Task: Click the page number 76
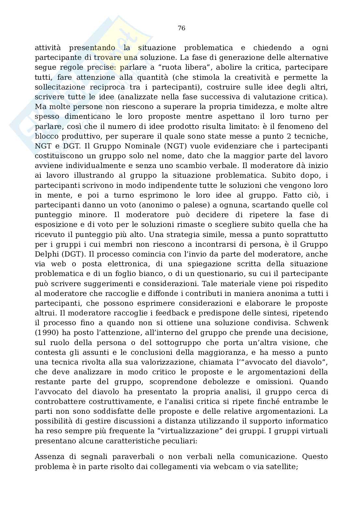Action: coord(181,28)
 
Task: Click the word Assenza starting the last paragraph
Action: coord(48,457)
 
